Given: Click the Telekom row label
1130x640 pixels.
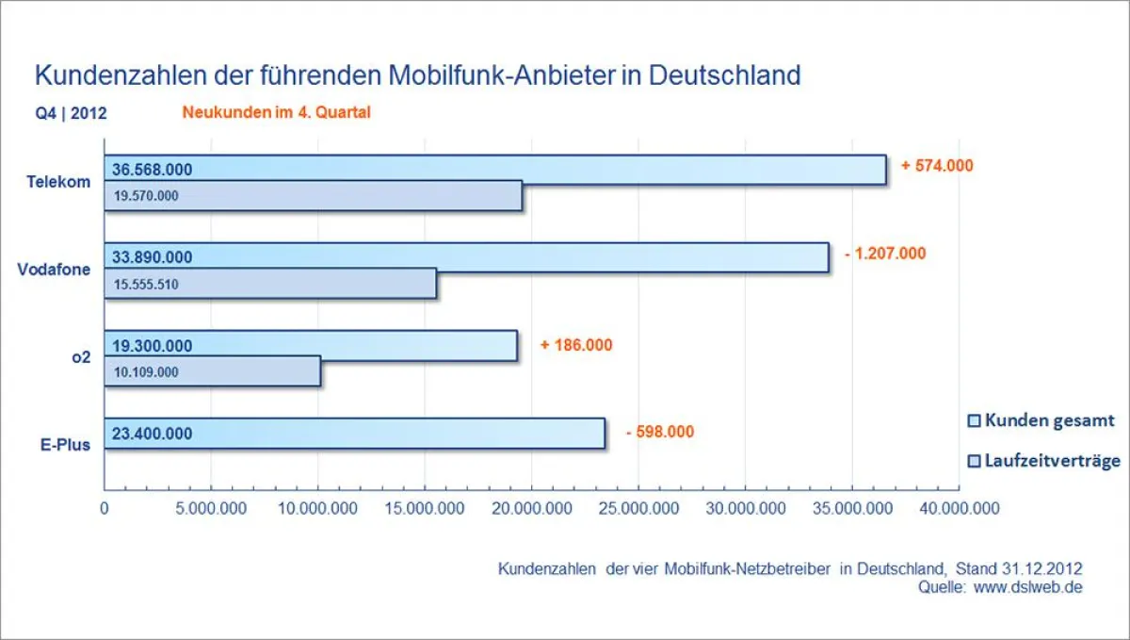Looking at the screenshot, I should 58,182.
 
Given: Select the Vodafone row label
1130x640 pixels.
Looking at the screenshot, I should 54,270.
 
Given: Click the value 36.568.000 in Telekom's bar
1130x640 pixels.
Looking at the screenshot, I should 152,170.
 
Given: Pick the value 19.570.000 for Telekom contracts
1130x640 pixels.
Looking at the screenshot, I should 145,196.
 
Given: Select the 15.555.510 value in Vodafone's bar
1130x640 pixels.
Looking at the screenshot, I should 145,284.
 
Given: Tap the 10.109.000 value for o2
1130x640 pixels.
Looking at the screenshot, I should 145,371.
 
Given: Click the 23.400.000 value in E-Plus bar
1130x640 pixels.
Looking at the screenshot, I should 152,434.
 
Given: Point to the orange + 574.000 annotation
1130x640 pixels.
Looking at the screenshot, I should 936,165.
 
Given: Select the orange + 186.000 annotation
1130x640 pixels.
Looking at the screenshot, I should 575,345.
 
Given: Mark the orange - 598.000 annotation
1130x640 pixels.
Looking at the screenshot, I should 659,432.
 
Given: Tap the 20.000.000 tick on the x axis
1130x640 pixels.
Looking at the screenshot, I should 531,509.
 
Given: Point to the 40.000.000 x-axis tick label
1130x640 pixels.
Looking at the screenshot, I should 958,509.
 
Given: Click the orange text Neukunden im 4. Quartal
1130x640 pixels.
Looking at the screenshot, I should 276,113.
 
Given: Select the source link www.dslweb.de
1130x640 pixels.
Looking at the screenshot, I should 1027,587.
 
